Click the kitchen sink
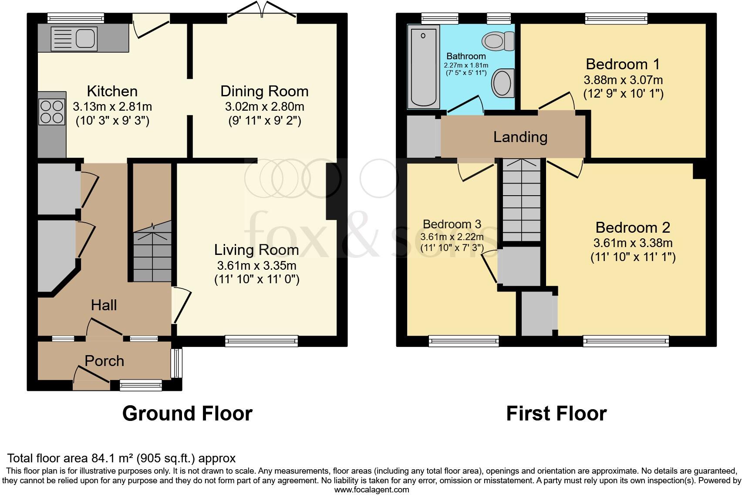(x=74, y=39)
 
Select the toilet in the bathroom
(x=498, y=41)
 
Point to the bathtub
(x=423, y=67)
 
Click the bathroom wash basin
(x=503, y=83)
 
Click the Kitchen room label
(x=112, y=91)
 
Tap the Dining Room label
(x=264, y=91)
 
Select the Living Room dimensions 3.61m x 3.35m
(x=257, y=265)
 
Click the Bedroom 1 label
(x=623, y=64)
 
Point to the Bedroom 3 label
(x=452, y=224)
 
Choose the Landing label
(x=520, y=137)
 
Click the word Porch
(x=105, y=361)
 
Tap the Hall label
(x=104, y=305)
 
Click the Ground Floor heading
(x=188, y=414)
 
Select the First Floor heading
(x=556, y=414)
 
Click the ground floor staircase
(x=152, y=252)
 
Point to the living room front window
(x=261, y=341)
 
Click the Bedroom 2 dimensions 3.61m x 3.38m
(x=633, y=243)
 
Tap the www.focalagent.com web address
(x=372, y=490)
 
